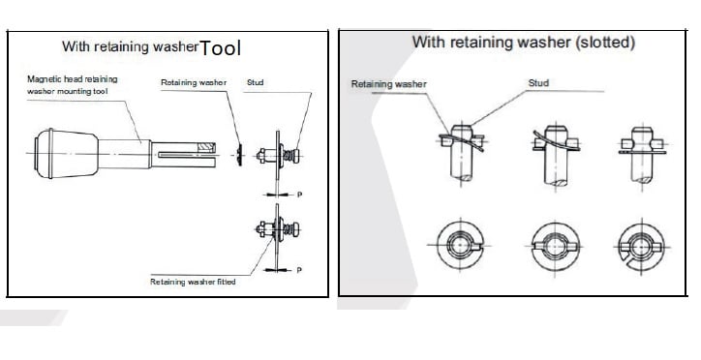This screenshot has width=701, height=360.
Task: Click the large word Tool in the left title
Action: click(x=220, y=47)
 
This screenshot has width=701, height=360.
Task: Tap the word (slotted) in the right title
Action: click(x=605, y=43)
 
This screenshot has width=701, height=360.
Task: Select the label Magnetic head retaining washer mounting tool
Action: click(x=72, y=85)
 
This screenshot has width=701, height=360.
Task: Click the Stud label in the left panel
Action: click(x=256, y=82)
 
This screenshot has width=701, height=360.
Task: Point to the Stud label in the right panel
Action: click(x=538, y=83)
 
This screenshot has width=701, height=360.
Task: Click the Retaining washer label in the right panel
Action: click(x=388, y=84)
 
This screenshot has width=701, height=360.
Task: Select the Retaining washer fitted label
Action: click(x=193, y=282)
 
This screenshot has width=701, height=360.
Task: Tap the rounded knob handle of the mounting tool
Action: click(x=66, y=154)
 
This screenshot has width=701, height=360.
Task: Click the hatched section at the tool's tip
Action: click(x=206, y=146)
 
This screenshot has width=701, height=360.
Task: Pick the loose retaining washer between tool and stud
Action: click(x=240, y=155)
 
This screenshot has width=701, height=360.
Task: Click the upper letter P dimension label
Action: click(x=299, y=195)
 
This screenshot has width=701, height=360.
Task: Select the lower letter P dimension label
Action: click(x=299, y=270)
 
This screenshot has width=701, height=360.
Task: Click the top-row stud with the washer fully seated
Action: click(x=643, y=154)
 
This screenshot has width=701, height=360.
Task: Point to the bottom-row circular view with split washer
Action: click(x=642, y=246)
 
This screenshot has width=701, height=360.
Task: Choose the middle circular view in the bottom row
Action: click(x=555, y=247)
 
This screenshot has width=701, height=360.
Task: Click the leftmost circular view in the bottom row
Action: click(x=461, y=245)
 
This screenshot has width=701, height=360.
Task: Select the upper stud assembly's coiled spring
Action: click(x=290, y=156)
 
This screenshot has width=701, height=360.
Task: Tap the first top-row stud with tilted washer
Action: click(x=462, y=153)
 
